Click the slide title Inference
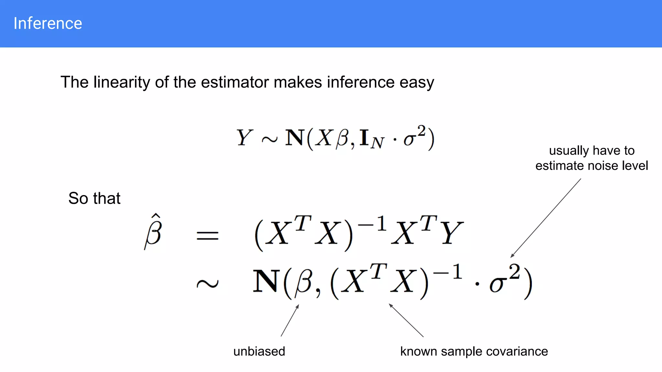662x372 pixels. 48,24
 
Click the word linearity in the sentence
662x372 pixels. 122,82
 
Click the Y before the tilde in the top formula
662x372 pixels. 244,138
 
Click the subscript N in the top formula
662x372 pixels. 377,142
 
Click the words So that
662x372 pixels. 94,198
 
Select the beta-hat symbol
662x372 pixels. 153,232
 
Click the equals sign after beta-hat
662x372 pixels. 208,235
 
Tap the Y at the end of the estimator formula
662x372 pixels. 452,233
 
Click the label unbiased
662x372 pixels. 259,351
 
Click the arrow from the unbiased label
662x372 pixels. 290,320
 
